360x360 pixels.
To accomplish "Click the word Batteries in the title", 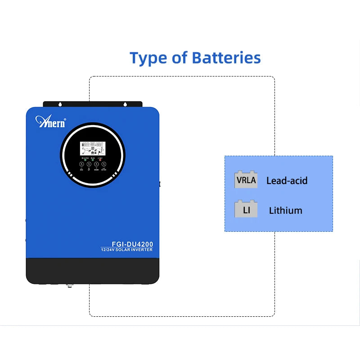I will (226, 58).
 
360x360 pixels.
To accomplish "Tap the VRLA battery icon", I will (246, 180).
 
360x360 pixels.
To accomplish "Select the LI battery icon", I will (246, 210).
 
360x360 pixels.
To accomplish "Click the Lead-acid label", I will (287, 181).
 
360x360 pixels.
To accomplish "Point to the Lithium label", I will (286, 211).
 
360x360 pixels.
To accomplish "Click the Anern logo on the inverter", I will (50, 121).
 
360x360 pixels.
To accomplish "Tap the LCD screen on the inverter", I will (92, 150).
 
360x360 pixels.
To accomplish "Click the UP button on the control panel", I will (89, 164).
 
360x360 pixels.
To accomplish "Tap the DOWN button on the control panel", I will (96, 164).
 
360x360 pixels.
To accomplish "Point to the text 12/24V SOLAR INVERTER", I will (127, 249).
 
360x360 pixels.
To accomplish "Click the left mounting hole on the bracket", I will (61, 104).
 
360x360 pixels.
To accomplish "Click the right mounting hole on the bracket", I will (126, 104).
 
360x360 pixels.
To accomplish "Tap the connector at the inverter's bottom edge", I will (70, 285).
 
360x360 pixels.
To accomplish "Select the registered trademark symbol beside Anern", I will (65, 120).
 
